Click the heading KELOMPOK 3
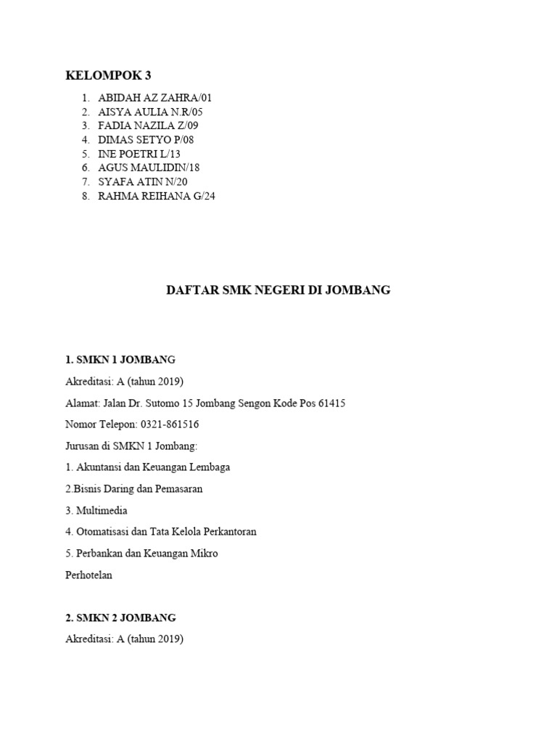[108, 75]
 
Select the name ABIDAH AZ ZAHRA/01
[155, 98]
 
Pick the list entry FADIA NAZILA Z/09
[148, 126]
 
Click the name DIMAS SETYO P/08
[146, 139]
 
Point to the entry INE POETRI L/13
[139, 154]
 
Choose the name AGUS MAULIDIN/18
[149, 168]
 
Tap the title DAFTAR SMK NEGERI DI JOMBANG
[278, 290]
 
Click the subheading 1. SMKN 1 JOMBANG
[120, 360]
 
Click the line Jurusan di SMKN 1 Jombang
[131, 446]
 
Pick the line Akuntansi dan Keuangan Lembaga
[153, 467]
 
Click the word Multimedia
[102, 511]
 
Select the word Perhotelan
[89, 575]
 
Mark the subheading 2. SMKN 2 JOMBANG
[120, 618]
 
